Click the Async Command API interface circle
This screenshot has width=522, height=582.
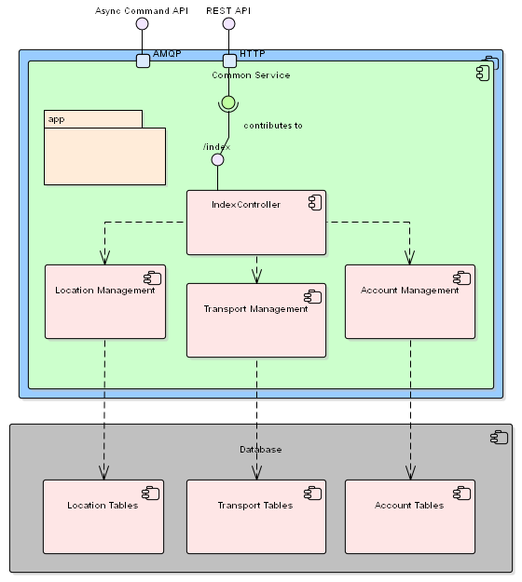[142, 24]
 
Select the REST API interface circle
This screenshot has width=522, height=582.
[228, 24]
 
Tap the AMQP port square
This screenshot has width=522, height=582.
[143, 61]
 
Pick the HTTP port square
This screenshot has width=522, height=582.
[229, 61]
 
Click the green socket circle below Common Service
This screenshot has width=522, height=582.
[228, 102]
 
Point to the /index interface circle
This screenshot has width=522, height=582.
[218, 160]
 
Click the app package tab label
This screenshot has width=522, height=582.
[57, 119]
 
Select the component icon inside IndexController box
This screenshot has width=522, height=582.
[315, 203]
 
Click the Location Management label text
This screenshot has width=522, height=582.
[105, 291]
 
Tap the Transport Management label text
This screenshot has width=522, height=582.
[256, 309]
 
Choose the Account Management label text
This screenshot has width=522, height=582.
[410, 291]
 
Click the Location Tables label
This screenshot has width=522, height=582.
[103, 505]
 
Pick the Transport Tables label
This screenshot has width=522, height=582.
[255, 505]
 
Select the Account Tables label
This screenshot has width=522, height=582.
[409, 505]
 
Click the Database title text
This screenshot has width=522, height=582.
[260, 450]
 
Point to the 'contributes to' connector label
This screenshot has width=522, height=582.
[273, 126]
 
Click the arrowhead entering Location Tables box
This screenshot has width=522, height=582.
[103, 473]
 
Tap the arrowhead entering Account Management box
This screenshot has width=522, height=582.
[410, 258]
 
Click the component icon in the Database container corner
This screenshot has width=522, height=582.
[499, 438]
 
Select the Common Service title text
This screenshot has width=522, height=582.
[251, 75]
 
